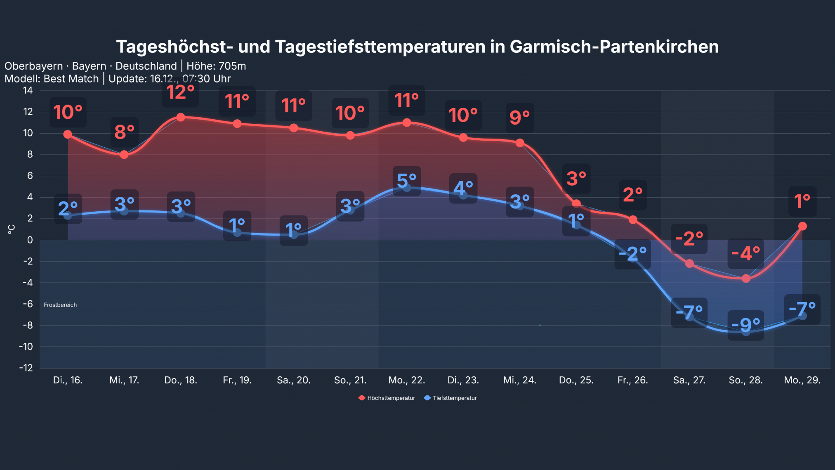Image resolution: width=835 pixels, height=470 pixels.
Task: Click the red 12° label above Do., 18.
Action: pyautogui.click(x=180, y=92)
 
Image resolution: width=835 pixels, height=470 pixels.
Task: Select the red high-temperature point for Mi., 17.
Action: pyautogui.click(x=124, y=155)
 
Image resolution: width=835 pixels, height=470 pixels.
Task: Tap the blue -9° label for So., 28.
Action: pyautogui.click(x=745, y=325)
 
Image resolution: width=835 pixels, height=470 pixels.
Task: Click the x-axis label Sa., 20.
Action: pyautogui.click(x=293, y=380)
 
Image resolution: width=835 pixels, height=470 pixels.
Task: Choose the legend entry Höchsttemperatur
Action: pyautogui.click(x=387, y=398)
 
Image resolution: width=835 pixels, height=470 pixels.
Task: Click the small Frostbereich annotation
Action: pyautogui.click(x=60, y=305)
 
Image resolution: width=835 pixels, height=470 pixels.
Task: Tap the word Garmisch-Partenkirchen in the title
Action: pyautogui.click(x=614, y=47)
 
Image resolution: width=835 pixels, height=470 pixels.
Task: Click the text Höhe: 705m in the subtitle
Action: pyautogui.click(x=216, y=66)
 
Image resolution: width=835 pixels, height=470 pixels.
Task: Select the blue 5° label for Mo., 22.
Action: pyautogui.click(x=406, y=181)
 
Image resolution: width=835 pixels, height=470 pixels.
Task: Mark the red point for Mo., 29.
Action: pyautogui.click(x=802, y=226)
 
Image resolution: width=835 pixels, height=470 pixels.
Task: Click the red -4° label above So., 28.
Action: pyautogui.click(x=745, y=253)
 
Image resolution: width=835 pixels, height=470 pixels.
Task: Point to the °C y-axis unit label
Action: pyautogui.click(x=11, y=229)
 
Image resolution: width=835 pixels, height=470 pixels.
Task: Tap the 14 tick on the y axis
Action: pyautogui.click(x=28, y=90)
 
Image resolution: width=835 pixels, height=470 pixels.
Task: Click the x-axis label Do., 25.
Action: pyautogui.click(x=576, y=380)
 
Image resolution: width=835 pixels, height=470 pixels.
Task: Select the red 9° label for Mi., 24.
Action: pyautogui.click(x=519, y=118)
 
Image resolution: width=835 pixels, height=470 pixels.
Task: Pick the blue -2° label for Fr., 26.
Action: pyautogui.click(x=632, y=254)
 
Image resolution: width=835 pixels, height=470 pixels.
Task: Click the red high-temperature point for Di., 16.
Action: pyautogui.click(x=68, y=134)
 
